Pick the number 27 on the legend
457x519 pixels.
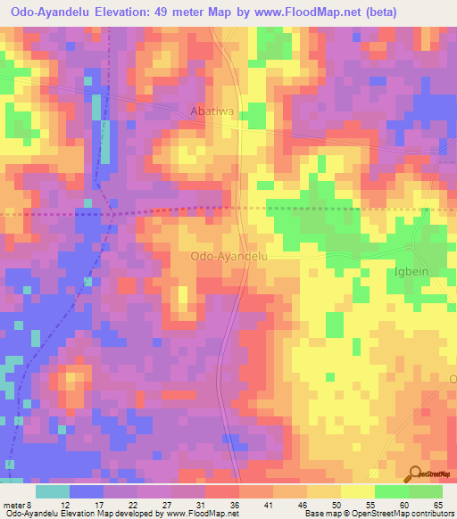click(168, 504)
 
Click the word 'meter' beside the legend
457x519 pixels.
click(15, 504)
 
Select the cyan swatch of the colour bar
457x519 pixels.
click(54, 490)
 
